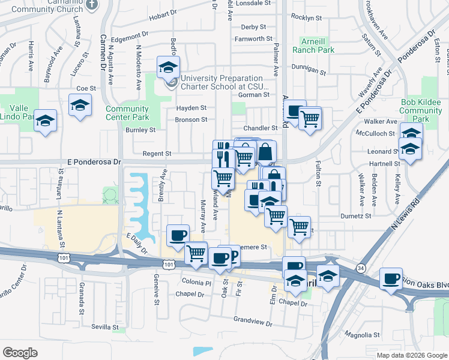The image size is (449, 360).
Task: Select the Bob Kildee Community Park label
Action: coord(420,110)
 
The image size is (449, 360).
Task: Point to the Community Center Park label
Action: coord(127,113)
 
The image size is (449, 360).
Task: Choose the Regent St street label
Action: coord(157,154)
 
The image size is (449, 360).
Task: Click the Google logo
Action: coord(20,353)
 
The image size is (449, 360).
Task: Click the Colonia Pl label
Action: coord(197,282)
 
